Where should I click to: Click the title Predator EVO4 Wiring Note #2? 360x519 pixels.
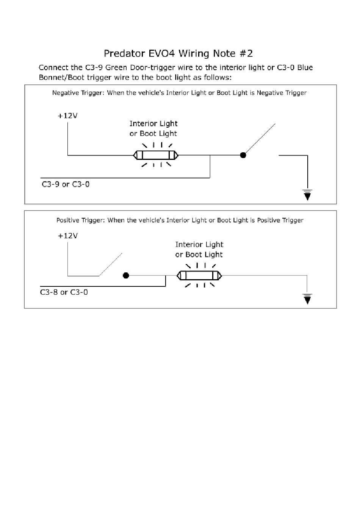178,53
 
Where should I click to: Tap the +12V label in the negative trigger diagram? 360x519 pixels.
67,116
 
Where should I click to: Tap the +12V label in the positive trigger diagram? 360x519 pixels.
67,236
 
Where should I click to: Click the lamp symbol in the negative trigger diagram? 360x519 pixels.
156,155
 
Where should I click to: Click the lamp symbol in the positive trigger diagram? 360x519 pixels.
199,275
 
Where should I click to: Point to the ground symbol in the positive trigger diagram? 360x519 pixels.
308,299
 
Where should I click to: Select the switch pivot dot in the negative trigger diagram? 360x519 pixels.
243,155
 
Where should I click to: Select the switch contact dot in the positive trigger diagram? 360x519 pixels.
126,275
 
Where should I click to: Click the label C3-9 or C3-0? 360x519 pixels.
66,184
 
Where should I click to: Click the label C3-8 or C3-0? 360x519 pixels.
64,292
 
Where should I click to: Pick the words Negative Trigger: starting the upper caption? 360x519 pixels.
78,93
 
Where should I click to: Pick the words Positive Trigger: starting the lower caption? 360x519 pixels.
81,220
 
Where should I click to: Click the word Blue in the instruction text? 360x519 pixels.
305,68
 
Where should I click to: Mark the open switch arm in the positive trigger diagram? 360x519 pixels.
110,264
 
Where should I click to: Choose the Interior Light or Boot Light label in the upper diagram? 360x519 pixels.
153,128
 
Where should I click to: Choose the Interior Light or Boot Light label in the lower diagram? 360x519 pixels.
199,250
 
